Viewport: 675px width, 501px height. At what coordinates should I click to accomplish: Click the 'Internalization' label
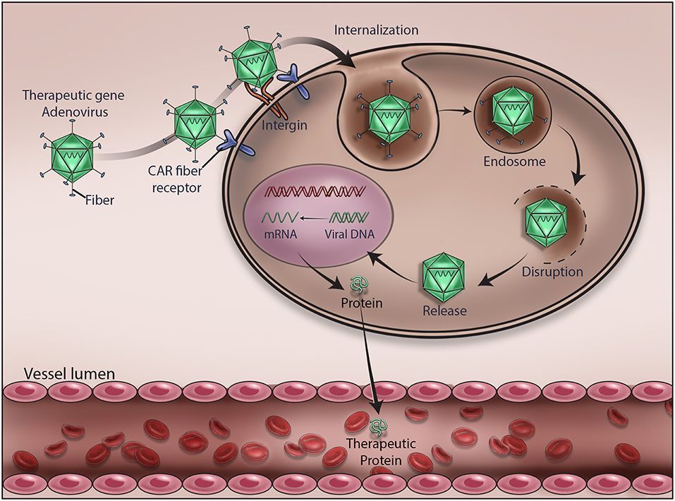tap(377, 30)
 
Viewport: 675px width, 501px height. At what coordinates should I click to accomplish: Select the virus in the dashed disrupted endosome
tap(548, 222)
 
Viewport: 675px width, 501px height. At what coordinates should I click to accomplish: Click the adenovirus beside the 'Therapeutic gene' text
tap(72, 155)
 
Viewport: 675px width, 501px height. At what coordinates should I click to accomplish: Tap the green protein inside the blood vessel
tap(378, 426)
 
